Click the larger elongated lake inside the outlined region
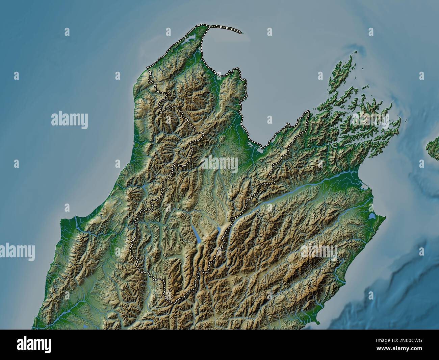(196, 234)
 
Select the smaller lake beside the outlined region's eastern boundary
(218, 231)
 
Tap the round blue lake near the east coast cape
(372, 215)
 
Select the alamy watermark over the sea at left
(70, 120)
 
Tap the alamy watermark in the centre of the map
(220, 164)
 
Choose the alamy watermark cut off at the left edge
(17, 252)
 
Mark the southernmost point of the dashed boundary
(175, 302)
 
